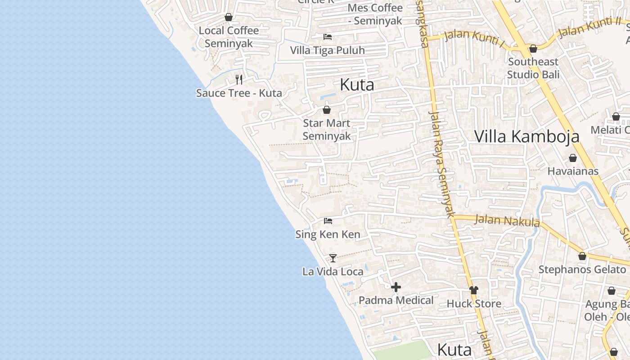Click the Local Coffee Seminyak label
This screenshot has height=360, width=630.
pyautogui.click(x=229, y=37)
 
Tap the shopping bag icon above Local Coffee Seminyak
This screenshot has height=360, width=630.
pyautogui.click(x=229, y=18)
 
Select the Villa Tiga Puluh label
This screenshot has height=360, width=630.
pyautogui.click(x=327, y=50)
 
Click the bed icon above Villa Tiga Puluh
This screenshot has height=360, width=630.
pyautogui.click(x=327, y=37)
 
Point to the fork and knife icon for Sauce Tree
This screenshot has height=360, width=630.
pyautogui.click(x=239, y=80)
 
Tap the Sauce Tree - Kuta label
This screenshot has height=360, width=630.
pyautogui.click(x=239, y=93)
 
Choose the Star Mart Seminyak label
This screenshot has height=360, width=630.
pyautogui.click(x=327, y=130)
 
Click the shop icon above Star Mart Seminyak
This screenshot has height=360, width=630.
pyautogui.click(x=327, y=110)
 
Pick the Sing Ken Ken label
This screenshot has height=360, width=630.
pyautogui.click(x=328, y=234)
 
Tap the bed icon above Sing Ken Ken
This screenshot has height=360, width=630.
pyautogui.click(x=328, y=221)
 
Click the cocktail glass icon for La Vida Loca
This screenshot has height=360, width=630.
pyautogui.click(x=333, y=258)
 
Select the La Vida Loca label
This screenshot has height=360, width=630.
pyautogui.click(x=333, y=271)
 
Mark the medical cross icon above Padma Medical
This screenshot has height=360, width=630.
pyautogui.click(x=396, y=287)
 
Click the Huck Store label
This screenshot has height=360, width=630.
pyautogui.click(x=474, y=304)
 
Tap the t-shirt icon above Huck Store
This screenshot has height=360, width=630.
pyautogui.click(x=473, y=290)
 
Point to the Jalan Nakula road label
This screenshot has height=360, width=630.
pyautogui.click(x=507, y=220)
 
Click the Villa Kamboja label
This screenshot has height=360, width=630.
pyautogui.click(x=527, y=136)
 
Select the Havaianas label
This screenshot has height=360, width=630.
pyautogui.click(x=573, y=171)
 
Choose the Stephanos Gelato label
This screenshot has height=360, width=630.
pyautogui.click(x=582, y=270)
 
